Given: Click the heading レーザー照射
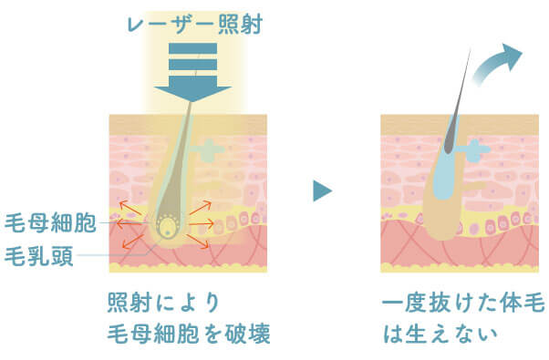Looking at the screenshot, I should [x=192, y=22].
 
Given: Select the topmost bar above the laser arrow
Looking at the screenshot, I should [x=192, y=47].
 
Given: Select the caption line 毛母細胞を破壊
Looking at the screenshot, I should [x=189, y=333].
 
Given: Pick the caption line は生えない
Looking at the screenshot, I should [x=440, y=333].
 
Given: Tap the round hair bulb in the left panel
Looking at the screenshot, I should [x=168, y=226].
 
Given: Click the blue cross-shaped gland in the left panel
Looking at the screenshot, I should [x=212, y=147].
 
